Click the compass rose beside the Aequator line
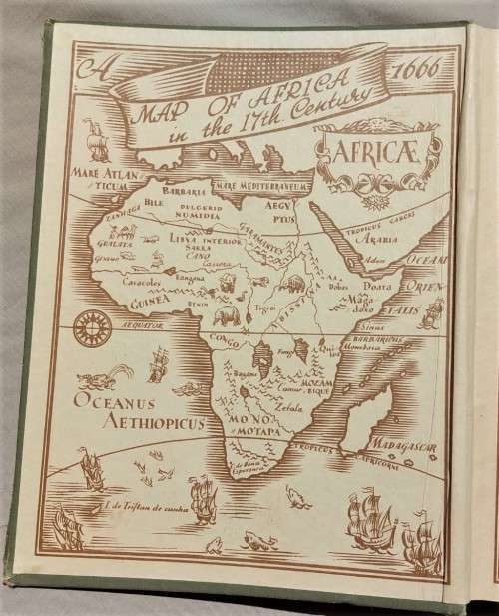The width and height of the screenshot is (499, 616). coord(93,322)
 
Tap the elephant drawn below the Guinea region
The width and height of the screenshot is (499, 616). coord(228,317)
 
